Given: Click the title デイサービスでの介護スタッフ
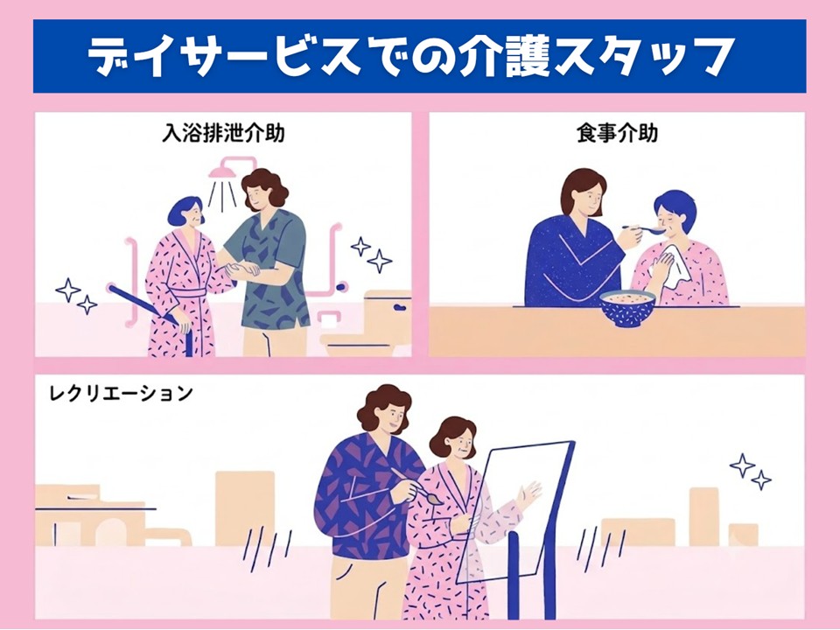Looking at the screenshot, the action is point(409,56).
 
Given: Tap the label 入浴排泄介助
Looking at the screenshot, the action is point(223,133).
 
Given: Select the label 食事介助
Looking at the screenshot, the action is point(617,133).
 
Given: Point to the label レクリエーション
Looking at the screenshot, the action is point(121,394).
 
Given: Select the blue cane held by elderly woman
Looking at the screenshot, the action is point(150,316).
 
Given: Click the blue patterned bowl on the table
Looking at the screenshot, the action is point(627,308).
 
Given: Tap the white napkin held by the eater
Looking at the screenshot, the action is point(671,263).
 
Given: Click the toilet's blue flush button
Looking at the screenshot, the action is point(400,308).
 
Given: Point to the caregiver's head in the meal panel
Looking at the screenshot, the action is point(584,194).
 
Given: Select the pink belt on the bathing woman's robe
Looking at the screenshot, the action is point(189,294).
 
